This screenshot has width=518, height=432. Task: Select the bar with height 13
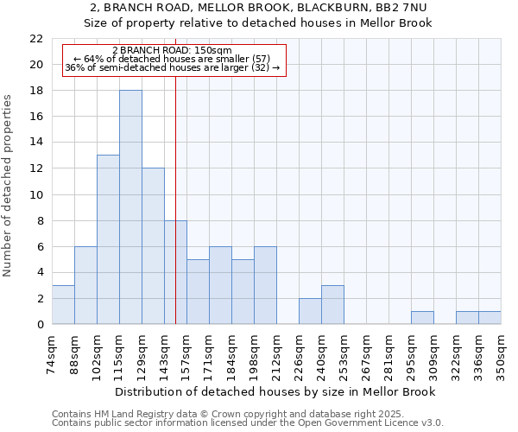click(x=108, y=239)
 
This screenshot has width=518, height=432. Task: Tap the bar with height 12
click(x=153, y=246)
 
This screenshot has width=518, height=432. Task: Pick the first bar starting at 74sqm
click(x=63, y=304)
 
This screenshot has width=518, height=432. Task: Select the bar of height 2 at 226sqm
click(x=310, y=311)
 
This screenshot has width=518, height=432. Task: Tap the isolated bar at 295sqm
click(x=422, y=317)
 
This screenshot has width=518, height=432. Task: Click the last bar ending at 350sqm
click(x=490, y=317)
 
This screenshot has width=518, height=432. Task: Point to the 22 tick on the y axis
click(x=36, y=39)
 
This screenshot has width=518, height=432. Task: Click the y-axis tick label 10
click(x=36, y=194)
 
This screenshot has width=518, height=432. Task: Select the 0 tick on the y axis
click(x=40, y=324)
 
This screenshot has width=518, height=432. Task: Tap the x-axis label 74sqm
click(x=53, y=354)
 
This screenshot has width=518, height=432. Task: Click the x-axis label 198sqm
click(x=255, y=354)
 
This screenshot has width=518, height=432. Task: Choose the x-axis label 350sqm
click(x=502, y=354)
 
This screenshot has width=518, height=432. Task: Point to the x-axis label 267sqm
click(x=367, y=354)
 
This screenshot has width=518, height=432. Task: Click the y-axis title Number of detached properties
click(x=8, y=186)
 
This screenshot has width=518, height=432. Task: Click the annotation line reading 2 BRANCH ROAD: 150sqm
click(x=173, y=51)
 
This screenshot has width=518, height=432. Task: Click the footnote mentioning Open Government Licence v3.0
click(x=248, y=423)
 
